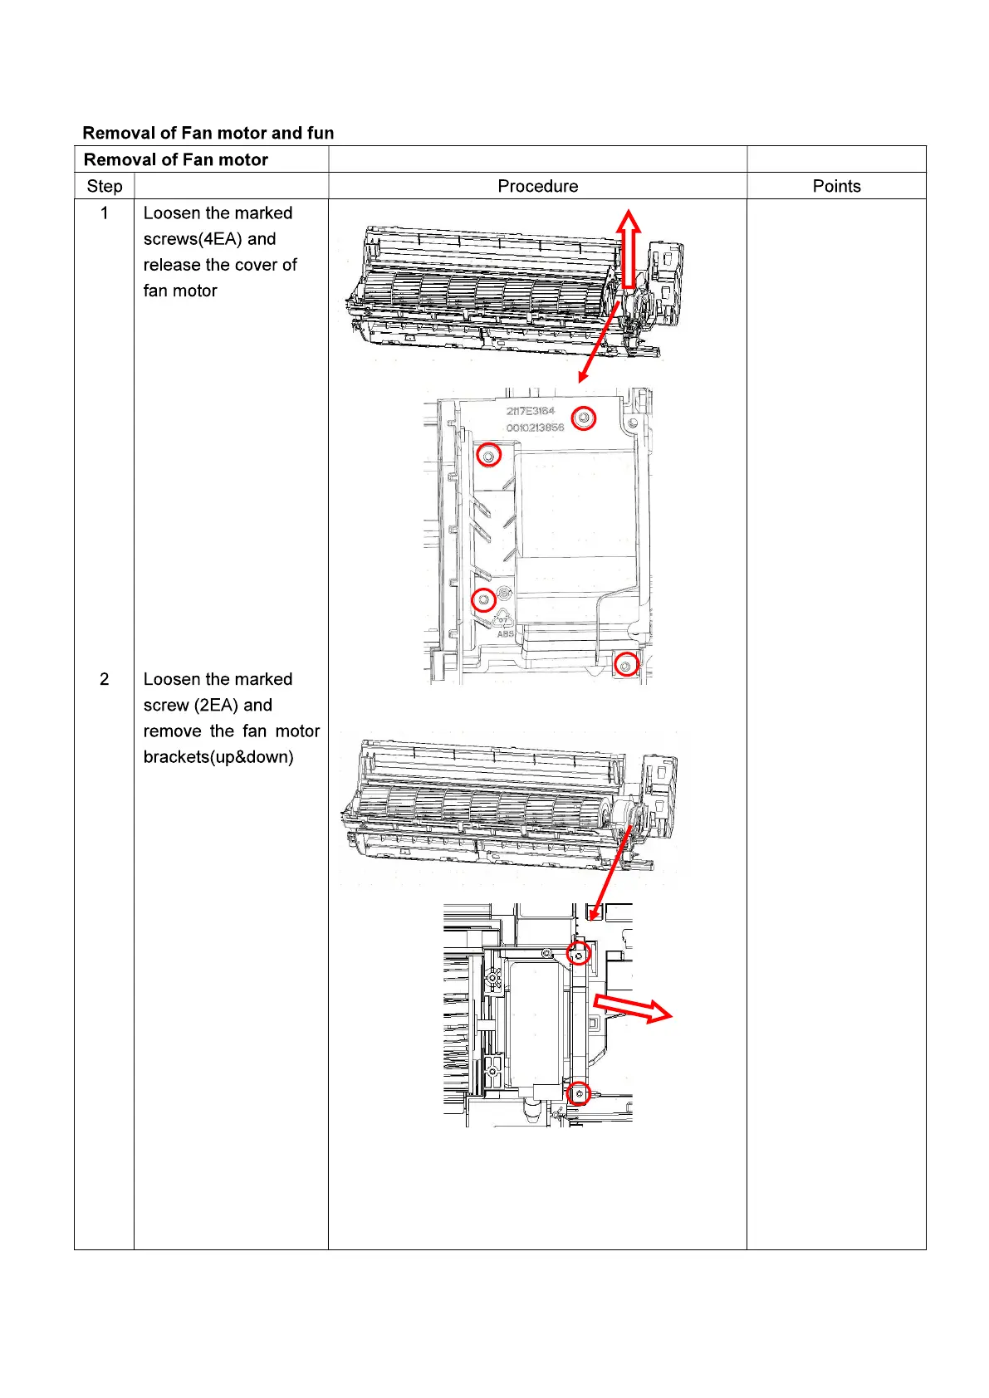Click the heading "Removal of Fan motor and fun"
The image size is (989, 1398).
pyautogui.click(x=208, y=133)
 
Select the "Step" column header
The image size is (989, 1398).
pyautogui.click(x=105, y=186)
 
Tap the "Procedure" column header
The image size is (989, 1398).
pyautogui.click(x=537, y=186)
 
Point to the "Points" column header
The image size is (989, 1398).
pyautogui.click(x=836, y=186)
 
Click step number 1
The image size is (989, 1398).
pyautogui.click(x=105, y=213)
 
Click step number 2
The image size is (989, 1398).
pyautogui.click(x=105, y=679)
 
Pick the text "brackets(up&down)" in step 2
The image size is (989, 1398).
pyautogui.click(x=218, y=757)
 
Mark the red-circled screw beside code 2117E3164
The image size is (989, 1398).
pyautogui.click(x=585, y=418)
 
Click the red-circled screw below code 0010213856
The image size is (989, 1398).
pyautogui.click(x=488, y=456)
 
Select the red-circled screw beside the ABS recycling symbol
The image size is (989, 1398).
pyautogui.click(x=484, y=599)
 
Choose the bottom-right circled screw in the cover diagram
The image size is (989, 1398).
pyautogui.click(x=626, y=665)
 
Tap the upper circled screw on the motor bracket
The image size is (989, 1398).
pyautogui.click(x=579, y=954)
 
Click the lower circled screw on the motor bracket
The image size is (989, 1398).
pyautogui.click(x=580, y=1094)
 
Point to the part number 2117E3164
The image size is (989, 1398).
pyautogui.click(x=531, y=411)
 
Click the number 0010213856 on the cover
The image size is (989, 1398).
pyautogui.click(x=535, y=428)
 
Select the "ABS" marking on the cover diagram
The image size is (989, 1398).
pyautogui.click(x=506, y=634)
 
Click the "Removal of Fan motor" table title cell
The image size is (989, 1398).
pyautogui.click(x=176, y=159)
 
